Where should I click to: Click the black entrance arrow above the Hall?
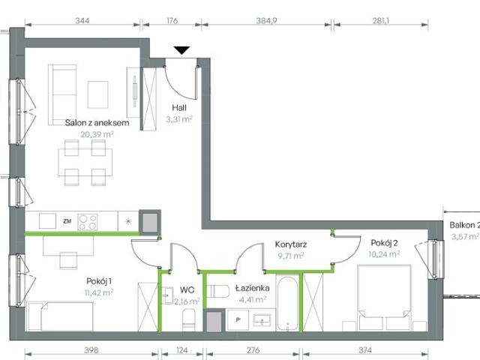(x=181, y=50)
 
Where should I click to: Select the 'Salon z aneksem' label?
(x=87, y=123)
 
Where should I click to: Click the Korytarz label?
(x=290, y=244)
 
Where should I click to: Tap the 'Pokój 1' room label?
(x=100, y=281)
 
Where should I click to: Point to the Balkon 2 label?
(x=463, y=225)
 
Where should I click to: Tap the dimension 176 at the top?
(x=170, y=21)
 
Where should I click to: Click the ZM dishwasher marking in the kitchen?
(x=67, y=221)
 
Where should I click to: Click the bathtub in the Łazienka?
(x=286, y=304)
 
